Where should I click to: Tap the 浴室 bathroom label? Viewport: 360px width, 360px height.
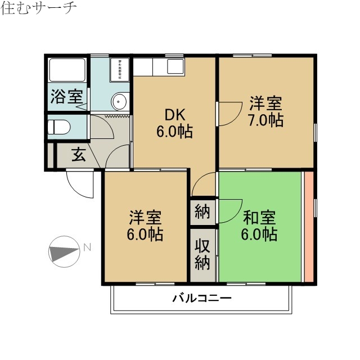[x=66, y=96]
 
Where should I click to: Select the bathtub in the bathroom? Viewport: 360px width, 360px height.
[x=66, y=71]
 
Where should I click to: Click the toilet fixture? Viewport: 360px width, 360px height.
[x=60, y=127]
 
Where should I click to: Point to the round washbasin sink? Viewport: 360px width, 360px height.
[x=119, y=101]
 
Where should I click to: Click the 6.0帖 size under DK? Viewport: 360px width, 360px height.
[x=174, y=132]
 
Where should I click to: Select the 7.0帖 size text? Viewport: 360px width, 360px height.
[x=265, y=120]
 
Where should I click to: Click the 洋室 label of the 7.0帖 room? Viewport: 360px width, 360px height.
[x=265, y=103]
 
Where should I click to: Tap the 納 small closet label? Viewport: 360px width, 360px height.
[x=202, y=212]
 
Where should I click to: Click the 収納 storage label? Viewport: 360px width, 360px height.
[x=202, y=254]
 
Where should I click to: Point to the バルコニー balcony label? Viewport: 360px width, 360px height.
[x=201, y=298]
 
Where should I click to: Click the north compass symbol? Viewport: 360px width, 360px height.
[x=64, y=251]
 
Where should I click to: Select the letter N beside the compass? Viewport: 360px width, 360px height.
[x=87, y=246]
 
